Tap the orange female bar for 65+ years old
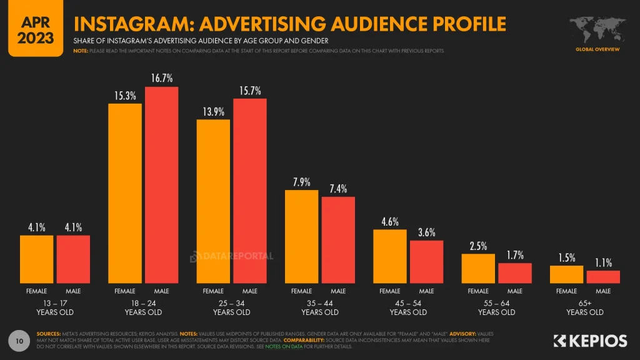pyautogui.click(x=566, y=274)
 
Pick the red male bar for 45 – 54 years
pyautogui.click(x=427, y=262)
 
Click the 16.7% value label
pyautogui.click(x=162, y=78)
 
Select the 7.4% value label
pyautogui.click(x=338, y=188)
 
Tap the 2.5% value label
pyautogui.click(x=478, y=246)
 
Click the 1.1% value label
pyautogui.click(x=603, y=262)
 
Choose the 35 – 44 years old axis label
pyautogui.click(x=320, y=307)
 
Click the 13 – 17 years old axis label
pyautogui.click(x=54, y=307)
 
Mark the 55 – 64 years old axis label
pyautogui.click(x=497, y=307)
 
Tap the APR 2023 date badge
pyautogui.click(x=36, y=28)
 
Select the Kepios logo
pyautogui.click(x=591, y=341)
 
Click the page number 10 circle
pyautogui.click(x=19, y=341)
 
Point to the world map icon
pyautogui.click(x=596, y=29)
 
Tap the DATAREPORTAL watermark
pyautogui.click(x=232, y=256)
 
